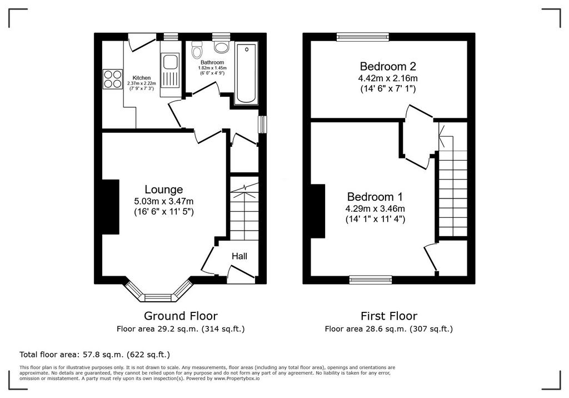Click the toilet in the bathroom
point(197,50)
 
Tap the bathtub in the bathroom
point(246,74)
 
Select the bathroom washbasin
point(221,46)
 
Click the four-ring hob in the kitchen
point(112,79)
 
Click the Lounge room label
point(164,189)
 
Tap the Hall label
point(239,256)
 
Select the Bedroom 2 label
point(388,67)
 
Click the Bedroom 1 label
point(375,197)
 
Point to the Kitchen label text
point(142,78)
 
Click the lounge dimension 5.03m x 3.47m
point(164,201)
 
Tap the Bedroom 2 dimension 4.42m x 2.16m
point(388,78)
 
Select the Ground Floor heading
point(181,316)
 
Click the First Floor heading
point(389,316)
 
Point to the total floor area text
point(94,355)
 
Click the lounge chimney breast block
point(111,207)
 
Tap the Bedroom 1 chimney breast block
point(317,211)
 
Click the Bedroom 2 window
point(362,36)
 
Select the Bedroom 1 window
point(371,279)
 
